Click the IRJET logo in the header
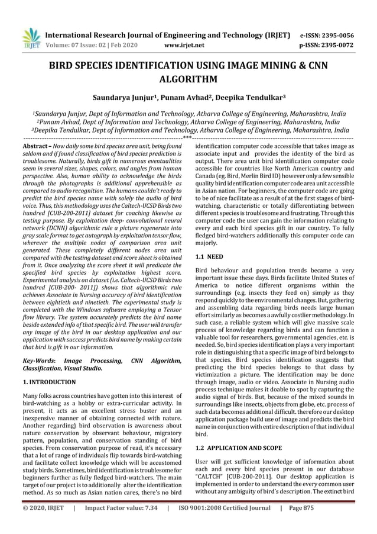29,38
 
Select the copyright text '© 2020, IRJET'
43,524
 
